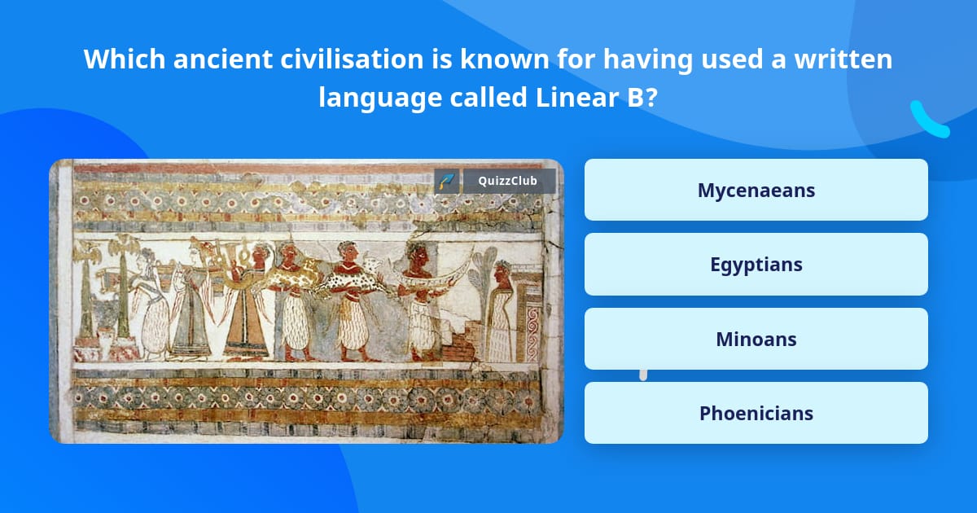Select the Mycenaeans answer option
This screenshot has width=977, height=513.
(756, 190)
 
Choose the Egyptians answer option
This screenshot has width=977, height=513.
(756, 264)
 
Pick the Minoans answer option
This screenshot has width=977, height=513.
(756, 339)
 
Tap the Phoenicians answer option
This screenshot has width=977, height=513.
(756, 413)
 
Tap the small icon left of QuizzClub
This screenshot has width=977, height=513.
(446, 181)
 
